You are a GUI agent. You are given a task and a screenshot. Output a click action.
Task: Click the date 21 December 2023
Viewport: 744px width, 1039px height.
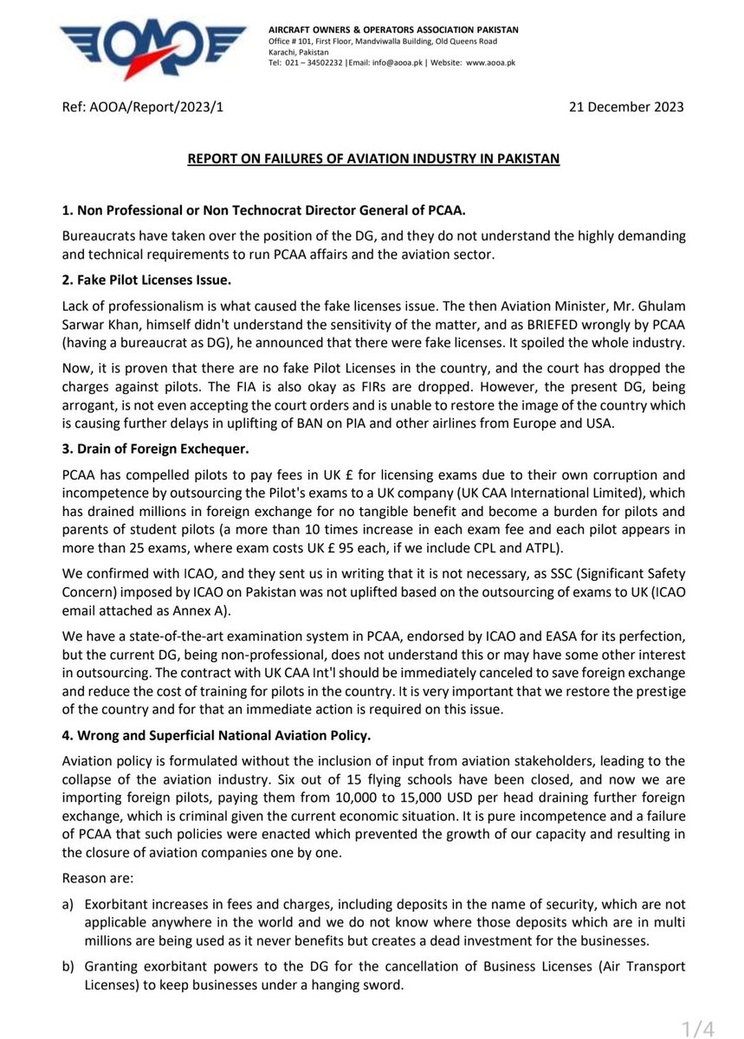tap(626, 107)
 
